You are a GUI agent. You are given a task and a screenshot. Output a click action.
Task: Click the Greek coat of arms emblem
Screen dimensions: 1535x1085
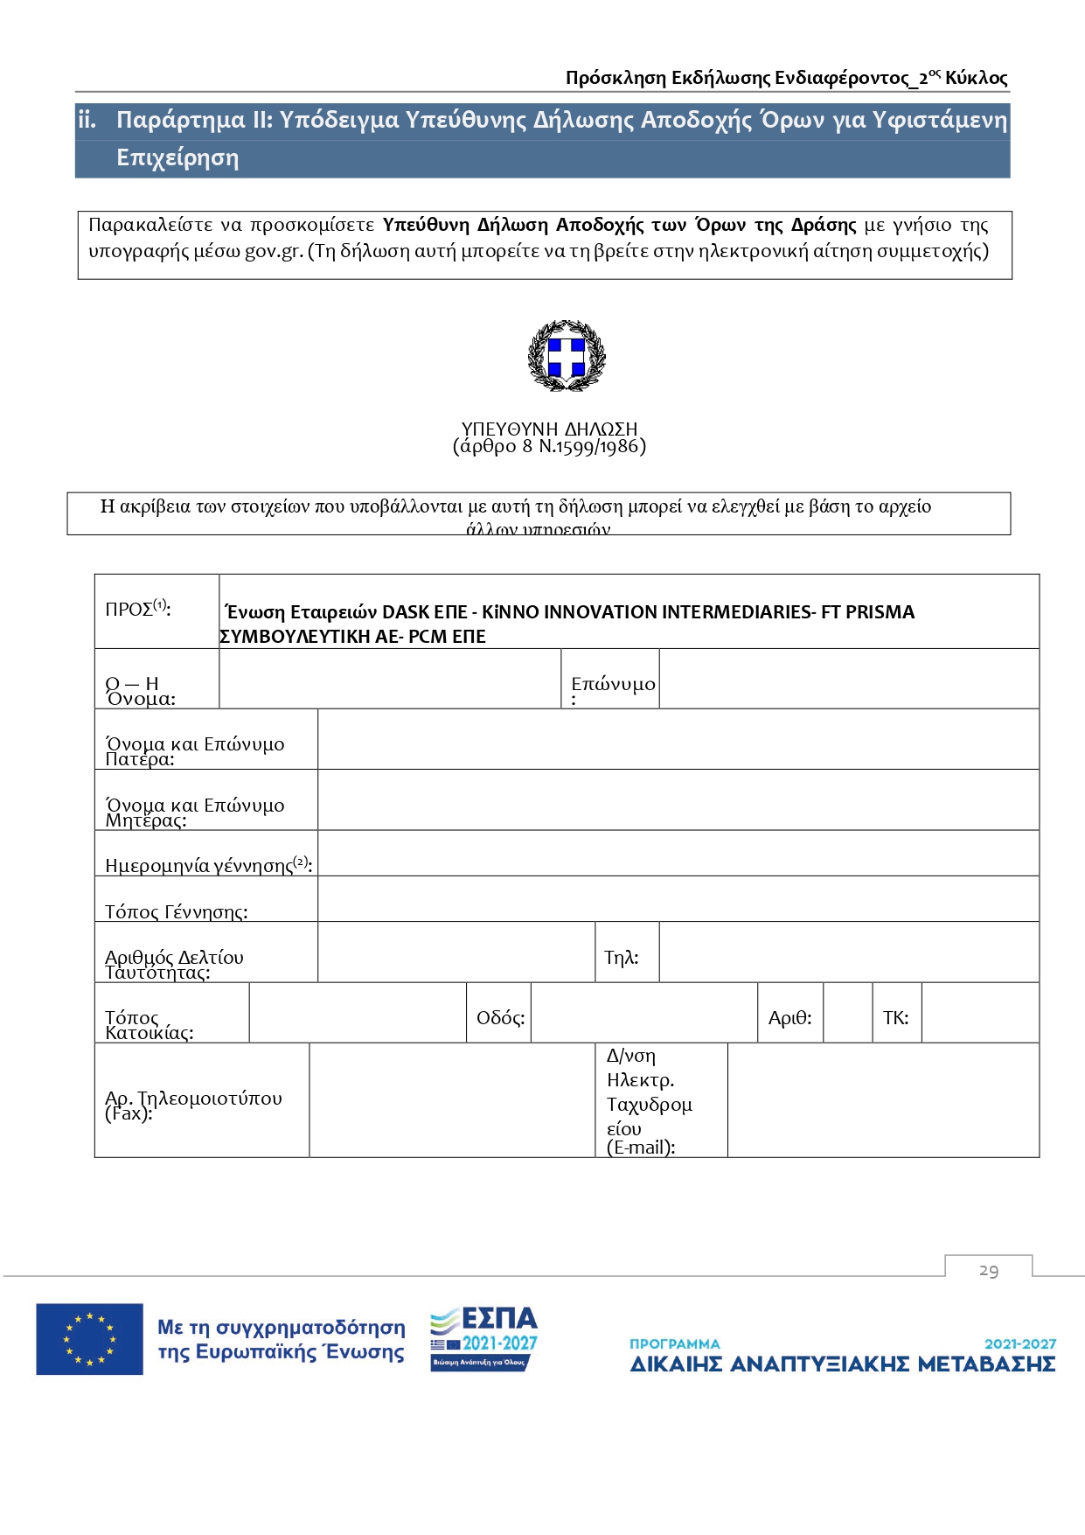pyautogui.click(x=567, y=355)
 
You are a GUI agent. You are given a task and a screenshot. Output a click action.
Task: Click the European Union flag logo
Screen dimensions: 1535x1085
pyautogui.click(x=89, y=1338)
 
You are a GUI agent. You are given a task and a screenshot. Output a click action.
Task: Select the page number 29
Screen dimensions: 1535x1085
pyautogui.click(x=989, y=1270)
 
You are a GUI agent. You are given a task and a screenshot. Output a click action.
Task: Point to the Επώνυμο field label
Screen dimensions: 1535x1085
pyautogui.click(x=613, y=684)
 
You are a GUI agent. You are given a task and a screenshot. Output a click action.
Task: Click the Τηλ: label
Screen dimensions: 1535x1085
pyautogui.click(x=622, y=957)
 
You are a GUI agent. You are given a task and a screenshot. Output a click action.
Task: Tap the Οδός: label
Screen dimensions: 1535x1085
pyautogui.click(x=500, y=1017)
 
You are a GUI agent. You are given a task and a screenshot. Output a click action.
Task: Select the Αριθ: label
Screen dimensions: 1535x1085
pyautogui.click(x=789, y=1017)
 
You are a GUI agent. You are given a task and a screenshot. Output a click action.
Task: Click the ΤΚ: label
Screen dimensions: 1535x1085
pyautogui.click(x=895, y=1017)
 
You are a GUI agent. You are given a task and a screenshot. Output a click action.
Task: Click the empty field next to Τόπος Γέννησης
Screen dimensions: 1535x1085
pyautogui.click(x=678, y=899)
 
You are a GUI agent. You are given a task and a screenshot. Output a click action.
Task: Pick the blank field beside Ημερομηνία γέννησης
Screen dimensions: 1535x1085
pyautogui.click(x=678, y=853)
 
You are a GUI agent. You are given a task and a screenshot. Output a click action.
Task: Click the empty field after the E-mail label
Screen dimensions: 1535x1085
pyautogui.click(x=883, y=1100)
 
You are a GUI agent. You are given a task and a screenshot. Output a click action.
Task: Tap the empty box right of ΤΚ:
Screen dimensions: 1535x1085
pyautogui.click(x=980, y=1013)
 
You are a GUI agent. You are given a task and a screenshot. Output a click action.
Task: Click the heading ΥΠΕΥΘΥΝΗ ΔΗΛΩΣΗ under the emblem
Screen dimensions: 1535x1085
pyautogui.click(x=549, y=429)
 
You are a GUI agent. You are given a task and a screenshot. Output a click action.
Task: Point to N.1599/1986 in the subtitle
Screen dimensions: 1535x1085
pyautogui.click(x=591, y=447)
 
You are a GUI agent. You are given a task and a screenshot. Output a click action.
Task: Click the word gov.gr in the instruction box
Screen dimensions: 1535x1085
pyautogui.click(x=273, y=251)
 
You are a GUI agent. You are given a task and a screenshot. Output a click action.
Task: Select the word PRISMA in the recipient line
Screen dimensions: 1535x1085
pyautogui.click(x=880, y=611)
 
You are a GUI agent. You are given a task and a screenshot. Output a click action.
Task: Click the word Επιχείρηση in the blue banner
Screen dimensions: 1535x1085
pyautogui.click(x=177, y=158)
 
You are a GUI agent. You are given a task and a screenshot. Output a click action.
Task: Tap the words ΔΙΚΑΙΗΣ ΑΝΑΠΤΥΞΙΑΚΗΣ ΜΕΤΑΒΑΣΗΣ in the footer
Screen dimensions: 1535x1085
pyautogui.click(x=843, y=1364)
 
